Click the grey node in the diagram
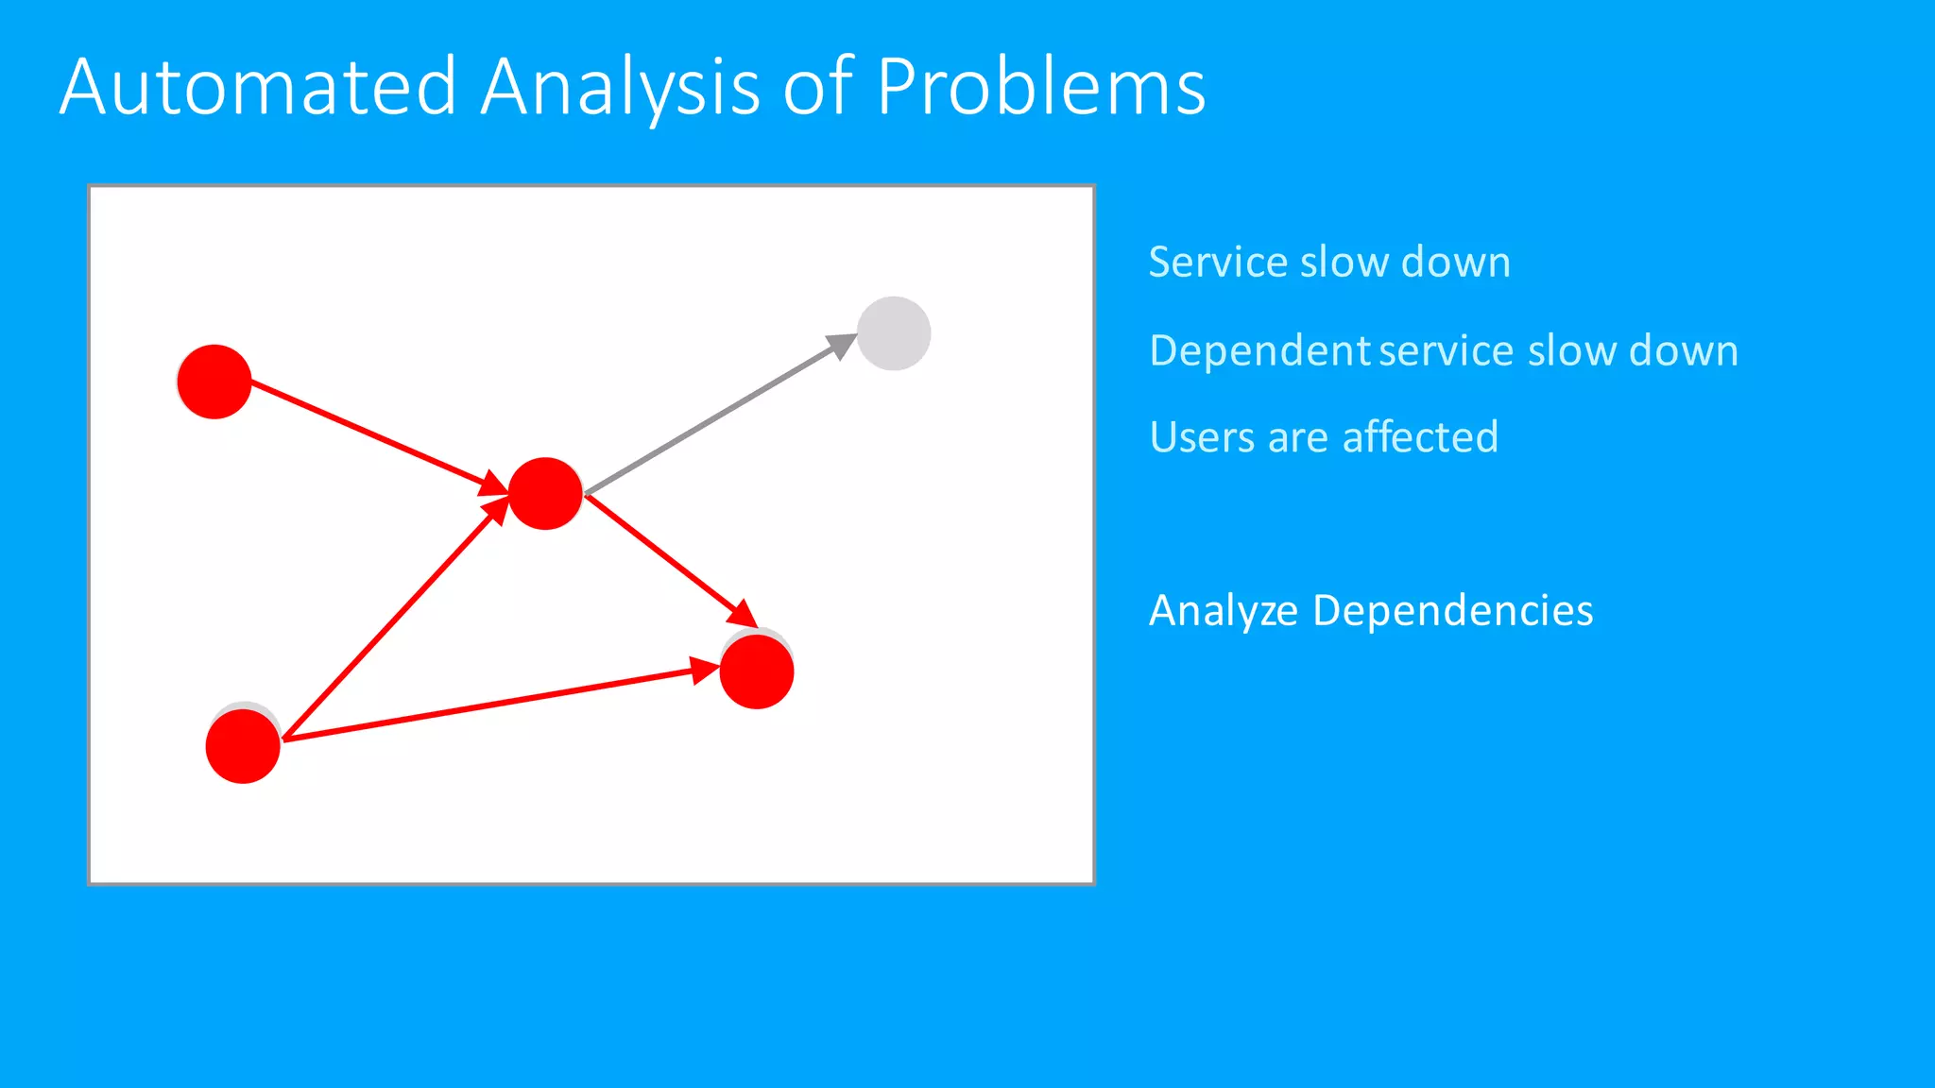(894, 333)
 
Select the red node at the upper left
(214, 382)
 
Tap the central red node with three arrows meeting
(545, 493)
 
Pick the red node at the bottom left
(243, 746)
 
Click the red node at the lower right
(757, 671)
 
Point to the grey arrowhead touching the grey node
(842, 345)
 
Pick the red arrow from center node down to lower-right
(661, 555)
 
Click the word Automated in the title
(258, 87)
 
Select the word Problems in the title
(1040, 87)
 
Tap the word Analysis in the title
(620, 87)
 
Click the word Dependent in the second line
(1259, 350)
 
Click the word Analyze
(1224, 611)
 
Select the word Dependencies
(1452, 611)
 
